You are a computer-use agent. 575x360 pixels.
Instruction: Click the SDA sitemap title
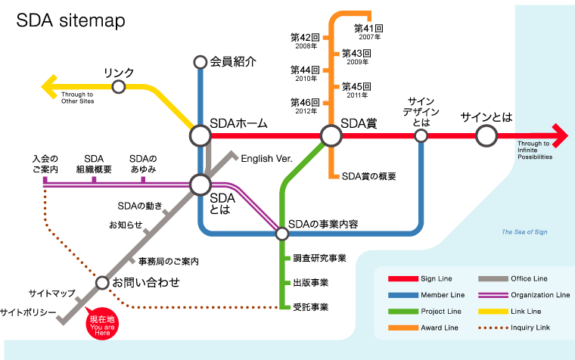71,22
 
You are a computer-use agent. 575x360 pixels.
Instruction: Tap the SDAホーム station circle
200,135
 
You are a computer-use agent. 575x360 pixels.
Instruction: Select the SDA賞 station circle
331,135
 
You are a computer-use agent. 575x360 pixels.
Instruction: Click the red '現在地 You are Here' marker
103,324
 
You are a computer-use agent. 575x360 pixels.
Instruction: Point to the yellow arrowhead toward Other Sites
48,87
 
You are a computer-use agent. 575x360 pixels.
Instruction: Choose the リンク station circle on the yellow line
118,87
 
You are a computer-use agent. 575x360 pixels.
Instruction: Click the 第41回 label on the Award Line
368,28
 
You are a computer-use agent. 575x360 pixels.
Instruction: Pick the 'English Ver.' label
266,158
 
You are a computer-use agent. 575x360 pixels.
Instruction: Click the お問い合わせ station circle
102,283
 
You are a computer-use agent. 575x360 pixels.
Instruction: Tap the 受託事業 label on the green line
310,307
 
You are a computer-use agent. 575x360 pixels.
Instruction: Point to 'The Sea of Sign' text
524,232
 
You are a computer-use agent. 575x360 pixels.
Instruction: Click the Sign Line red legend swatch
402,279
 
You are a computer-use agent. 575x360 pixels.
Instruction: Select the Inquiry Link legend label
530,327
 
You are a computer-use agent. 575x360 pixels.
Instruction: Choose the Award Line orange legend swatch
402,327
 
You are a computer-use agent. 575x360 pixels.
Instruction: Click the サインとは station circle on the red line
486,135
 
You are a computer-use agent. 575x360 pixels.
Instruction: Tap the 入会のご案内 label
45,163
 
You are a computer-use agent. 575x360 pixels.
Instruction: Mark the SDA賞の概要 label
369,176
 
